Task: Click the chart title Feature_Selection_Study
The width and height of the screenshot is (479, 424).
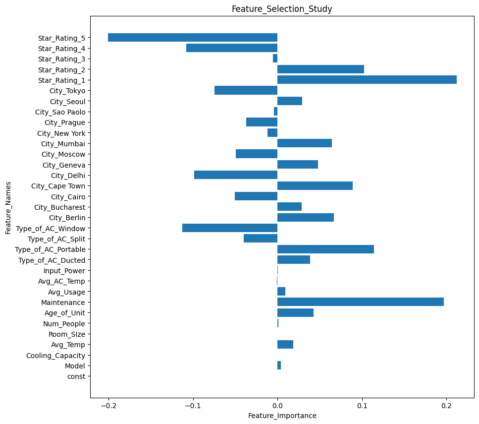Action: [x=282, y=9]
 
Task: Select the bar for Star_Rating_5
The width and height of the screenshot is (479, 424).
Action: [x=193, y=38]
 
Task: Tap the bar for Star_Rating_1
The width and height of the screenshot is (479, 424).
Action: [x=367, y=80]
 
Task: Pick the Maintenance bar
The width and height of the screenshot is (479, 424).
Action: [x=361, y=302]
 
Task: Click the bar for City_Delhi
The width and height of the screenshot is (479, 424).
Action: [x=236, y=175]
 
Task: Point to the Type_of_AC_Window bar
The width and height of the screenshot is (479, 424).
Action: [x=230, y=228]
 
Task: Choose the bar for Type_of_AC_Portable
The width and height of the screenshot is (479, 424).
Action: [x=325, y=249]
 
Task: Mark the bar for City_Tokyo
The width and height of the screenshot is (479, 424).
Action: [x=246, y=90]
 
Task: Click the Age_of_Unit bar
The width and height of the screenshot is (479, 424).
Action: [x=295, y=313]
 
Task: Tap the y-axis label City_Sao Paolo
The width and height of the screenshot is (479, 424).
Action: [x=60, y=112]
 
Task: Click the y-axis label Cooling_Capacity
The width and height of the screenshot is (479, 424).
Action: [x=55, y=356]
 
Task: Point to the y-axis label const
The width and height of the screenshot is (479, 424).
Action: [x=76, y=376]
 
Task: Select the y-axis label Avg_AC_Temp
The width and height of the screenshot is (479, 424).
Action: [x=61, y=281]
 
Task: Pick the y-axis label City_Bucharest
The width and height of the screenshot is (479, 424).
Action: [x=59, y=207]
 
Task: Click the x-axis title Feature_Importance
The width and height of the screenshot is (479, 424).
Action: [x=282, y=416]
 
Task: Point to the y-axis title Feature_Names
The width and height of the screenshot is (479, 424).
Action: [x=8, y=207]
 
